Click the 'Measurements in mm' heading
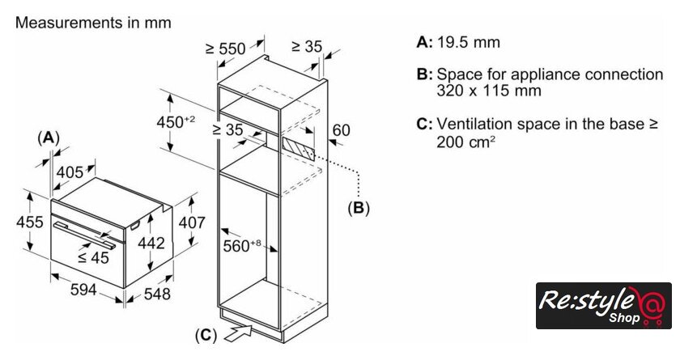click(x=93, y=23)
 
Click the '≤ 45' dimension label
click(x=93, y=258)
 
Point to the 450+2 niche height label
click(x=175, y=121)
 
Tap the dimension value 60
click(x=341, y=130)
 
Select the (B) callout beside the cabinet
click(x=358, y=208)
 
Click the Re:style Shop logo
click(x=604, y=305)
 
